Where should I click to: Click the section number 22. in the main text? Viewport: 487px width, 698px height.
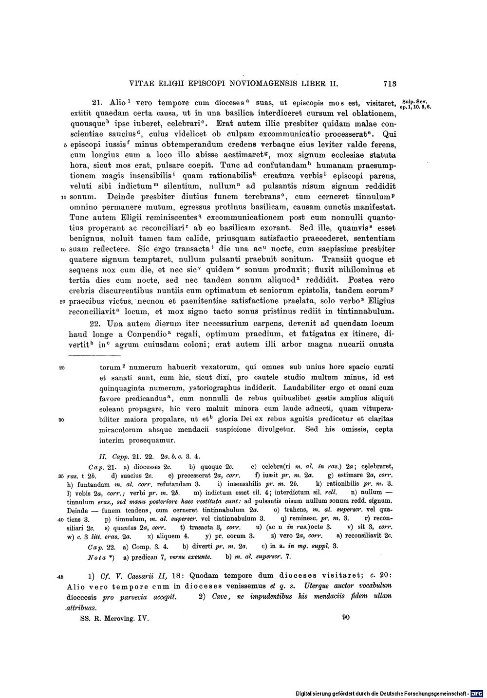point(98,324)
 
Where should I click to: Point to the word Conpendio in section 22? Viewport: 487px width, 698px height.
point(145,334)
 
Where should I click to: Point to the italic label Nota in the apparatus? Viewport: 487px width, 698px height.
point(96,556)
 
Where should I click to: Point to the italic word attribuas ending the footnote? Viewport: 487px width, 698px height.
point(80,608)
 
